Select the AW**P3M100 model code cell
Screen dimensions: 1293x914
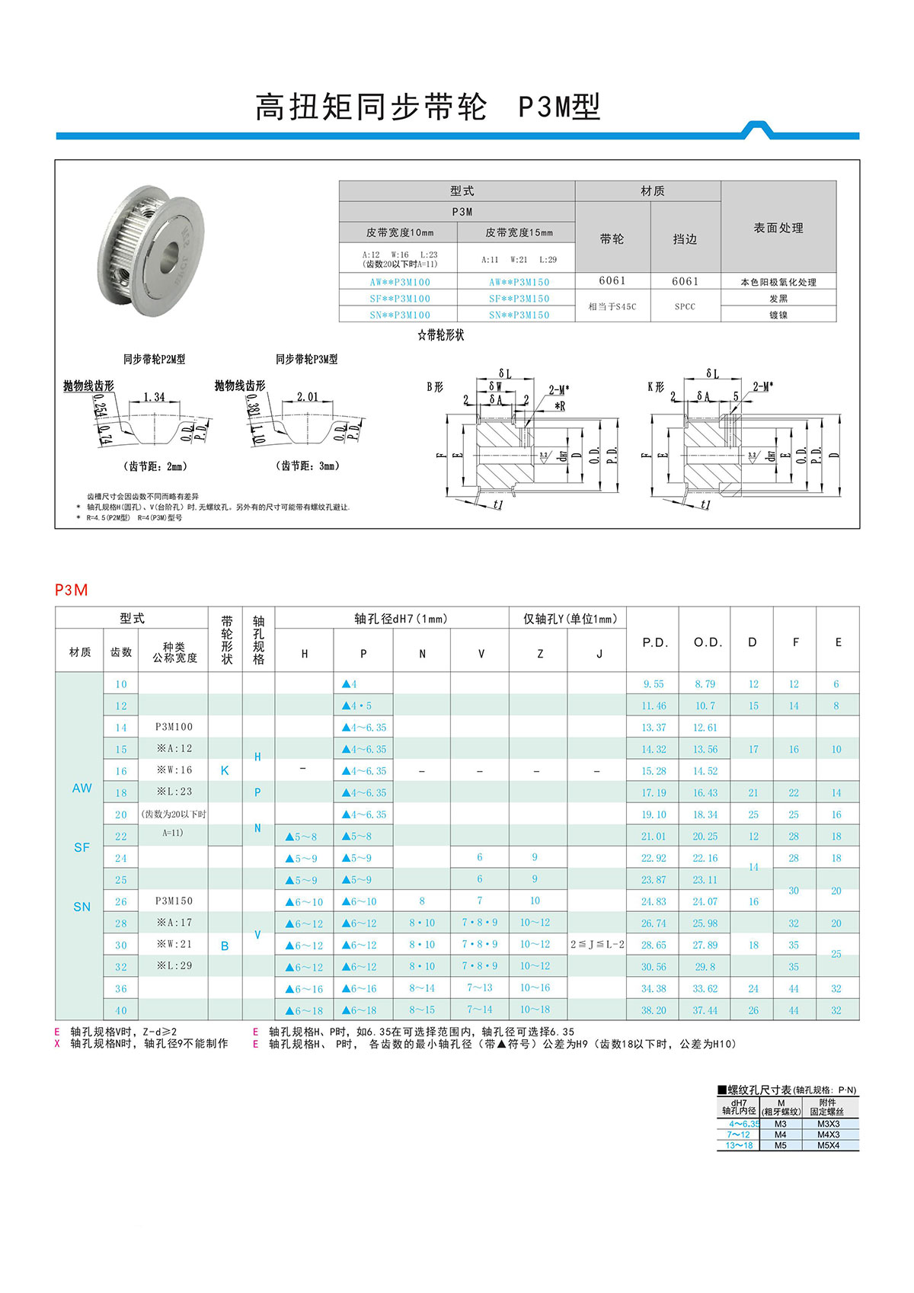(400, 282)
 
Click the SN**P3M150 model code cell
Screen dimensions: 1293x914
(519, 315)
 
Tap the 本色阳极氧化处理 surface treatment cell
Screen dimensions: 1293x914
(778, 282)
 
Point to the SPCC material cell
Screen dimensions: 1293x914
(685, 306)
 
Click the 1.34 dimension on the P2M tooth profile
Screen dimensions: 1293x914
(154, 397)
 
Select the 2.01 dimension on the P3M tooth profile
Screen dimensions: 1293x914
(308, 397)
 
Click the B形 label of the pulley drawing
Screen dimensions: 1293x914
(435, 387)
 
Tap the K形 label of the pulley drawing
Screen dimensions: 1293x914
(656, 387)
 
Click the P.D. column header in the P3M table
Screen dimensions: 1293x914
(654, 642)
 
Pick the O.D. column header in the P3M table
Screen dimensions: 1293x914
(708, 642)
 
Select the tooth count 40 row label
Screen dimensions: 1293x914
(121, 1010)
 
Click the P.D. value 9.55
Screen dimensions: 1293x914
(653, 684)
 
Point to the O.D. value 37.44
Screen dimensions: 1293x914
(705, 1010)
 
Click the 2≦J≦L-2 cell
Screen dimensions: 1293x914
(597, 945)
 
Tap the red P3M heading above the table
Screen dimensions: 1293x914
(72, 590)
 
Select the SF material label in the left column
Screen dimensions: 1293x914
(81, 847)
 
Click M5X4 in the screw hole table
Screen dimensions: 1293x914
(828, 1145)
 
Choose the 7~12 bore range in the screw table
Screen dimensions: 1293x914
(738, 1135)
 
